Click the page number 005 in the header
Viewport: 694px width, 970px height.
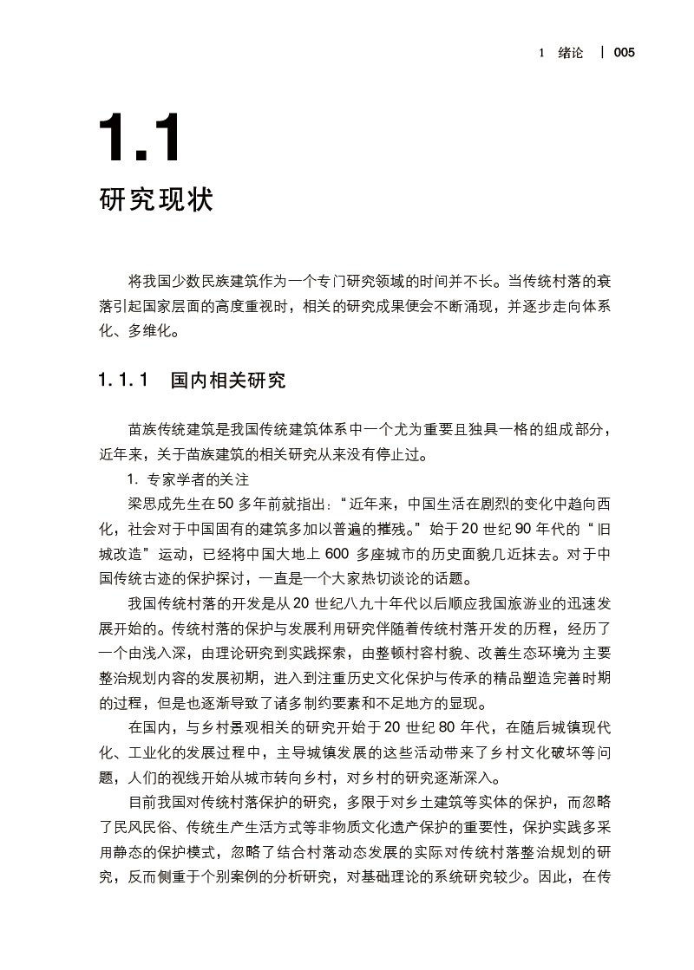tap(624, 53)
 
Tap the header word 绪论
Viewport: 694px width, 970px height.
tap(571, 53)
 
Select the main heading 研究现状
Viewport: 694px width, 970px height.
tap(156, 200)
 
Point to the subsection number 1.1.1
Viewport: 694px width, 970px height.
tap(125, 380)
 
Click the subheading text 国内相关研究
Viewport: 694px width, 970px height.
tap(228, 380)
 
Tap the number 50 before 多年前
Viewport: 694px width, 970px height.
tap(226, 504)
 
